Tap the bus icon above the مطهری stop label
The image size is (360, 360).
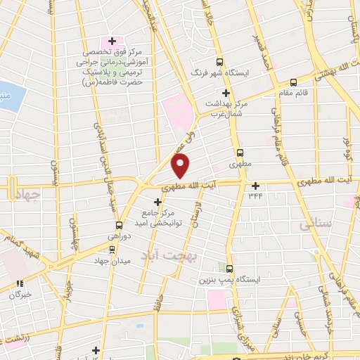click(x=240, y=153)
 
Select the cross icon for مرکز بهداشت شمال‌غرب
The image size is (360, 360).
click(x=226, y=93)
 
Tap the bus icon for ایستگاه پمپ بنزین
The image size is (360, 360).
click(x=230, y=268)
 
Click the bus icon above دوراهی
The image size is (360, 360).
click(x=118, y=226)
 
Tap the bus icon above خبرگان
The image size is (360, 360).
click(x=21, y=284)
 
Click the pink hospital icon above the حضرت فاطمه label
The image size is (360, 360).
click(x=107, y=39)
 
